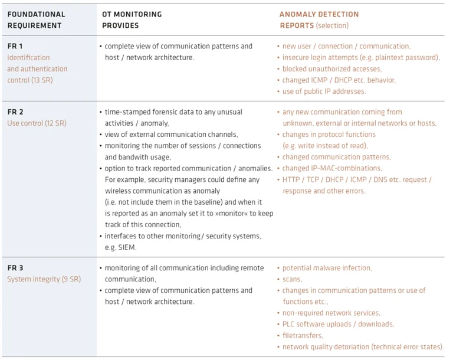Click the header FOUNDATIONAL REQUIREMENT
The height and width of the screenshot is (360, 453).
(x=36, y=20)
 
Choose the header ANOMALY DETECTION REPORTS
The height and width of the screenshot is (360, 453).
(x=319, y=20)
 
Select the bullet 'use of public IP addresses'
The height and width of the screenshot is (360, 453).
(x=324, y=91)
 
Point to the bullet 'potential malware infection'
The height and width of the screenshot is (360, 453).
(x=327, y=268)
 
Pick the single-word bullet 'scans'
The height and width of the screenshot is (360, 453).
(x=292, y=279)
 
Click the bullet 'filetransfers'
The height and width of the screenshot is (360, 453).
(x=303, y=335)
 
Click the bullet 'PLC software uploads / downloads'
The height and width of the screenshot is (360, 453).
(x=338, y=324)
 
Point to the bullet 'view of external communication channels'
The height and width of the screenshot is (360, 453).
(x=171, y=135)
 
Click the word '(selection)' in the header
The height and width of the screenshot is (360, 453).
(x=332, y=25)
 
